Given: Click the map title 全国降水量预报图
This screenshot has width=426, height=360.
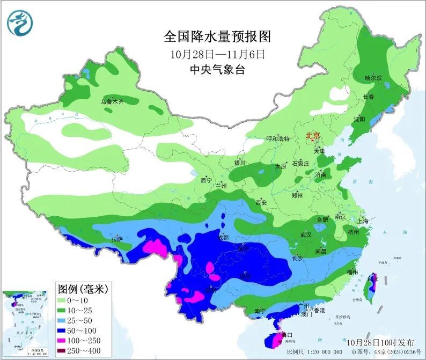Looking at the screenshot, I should pos(217,36).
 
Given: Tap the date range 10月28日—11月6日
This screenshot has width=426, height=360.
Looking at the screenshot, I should pos(217,54).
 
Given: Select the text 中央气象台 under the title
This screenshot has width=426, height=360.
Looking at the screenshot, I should pos(217,69).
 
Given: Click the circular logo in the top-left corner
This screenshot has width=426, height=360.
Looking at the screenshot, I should pos(20,23).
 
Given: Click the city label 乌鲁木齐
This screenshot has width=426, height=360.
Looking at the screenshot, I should pos(113,101).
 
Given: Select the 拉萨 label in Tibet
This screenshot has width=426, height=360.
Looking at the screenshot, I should pos(117,238).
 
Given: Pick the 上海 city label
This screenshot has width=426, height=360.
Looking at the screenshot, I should pos(362,221).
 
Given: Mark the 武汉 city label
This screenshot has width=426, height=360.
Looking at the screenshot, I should pos(306,234).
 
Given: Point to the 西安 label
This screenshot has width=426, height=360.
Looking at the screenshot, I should pos(261,202).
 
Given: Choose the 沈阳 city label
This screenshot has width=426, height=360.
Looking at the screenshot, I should pos(358,119).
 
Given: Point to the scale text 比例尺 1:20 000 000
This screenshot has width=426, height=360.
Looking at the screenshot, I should pos(314,352).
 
